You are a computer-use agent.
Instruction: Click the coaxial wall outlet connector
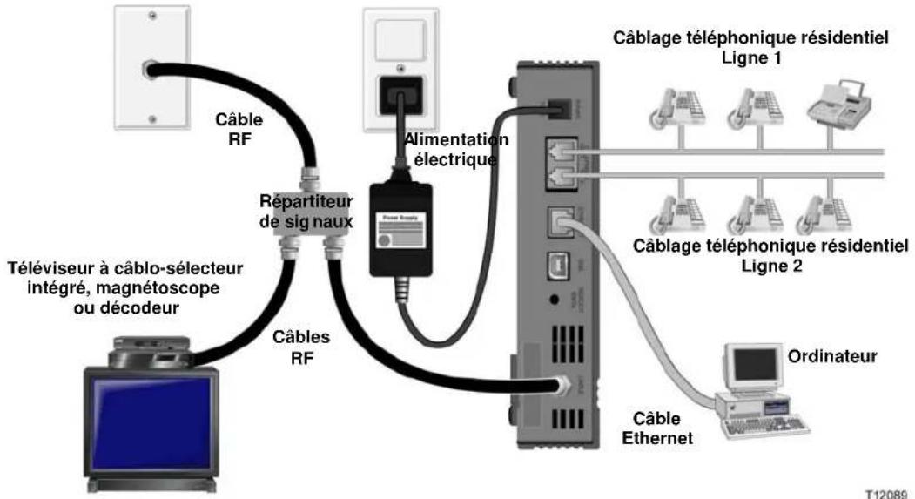point(153,65)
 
